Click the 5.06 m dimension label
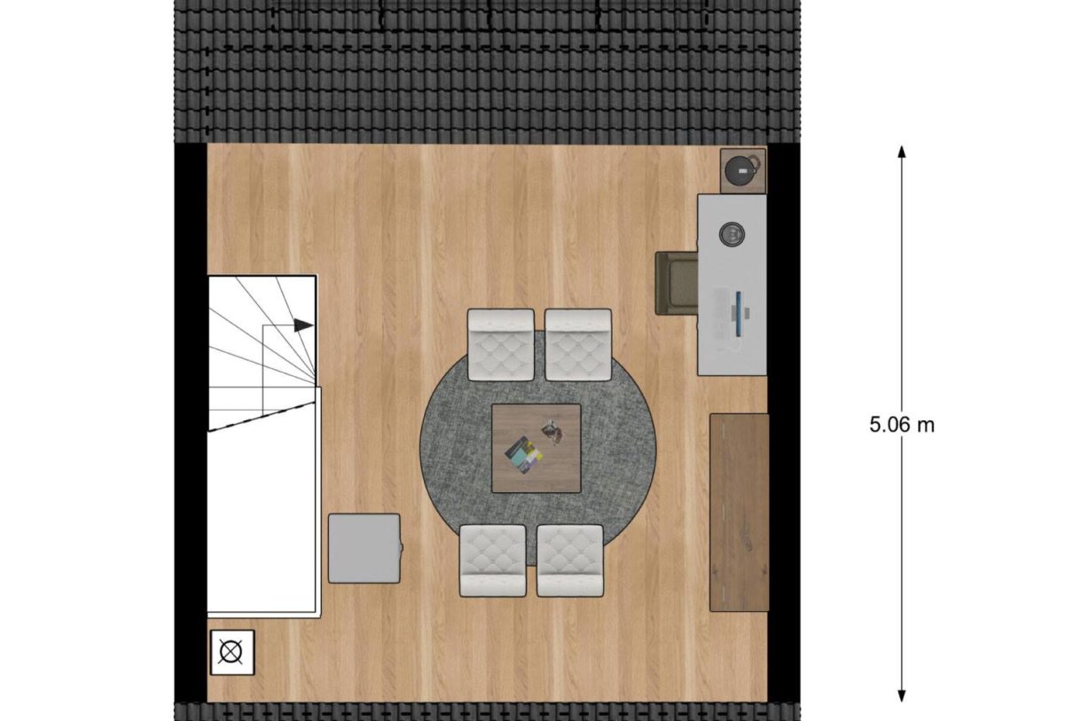click(x=902, y=425)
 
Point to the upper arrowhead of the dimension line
click(x=902, y=153)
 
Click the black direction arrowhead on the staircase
click(x=303, y=325)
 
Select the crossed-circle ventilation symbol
click(x=231, y=653)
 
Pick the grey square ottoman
click(x=365, y=548)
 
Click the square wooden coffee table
click(x=537, y=447)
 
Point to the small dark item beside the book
click(x=554, y=431)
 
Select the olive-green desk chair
click(x=675, y=283)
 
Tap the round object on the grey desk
click(x=733, y=234)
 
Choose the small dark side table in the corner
click(x=743, y=168)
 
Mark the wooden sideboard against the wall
click(x=739, y=512)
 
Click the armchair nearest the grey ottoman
click(x=493, y=560)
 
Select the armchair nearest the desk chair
click(x=578, y=344)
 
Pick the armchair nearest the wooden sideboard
click(x=570, y=560)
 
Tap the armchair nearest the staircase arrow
click(x=500, y=344)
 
